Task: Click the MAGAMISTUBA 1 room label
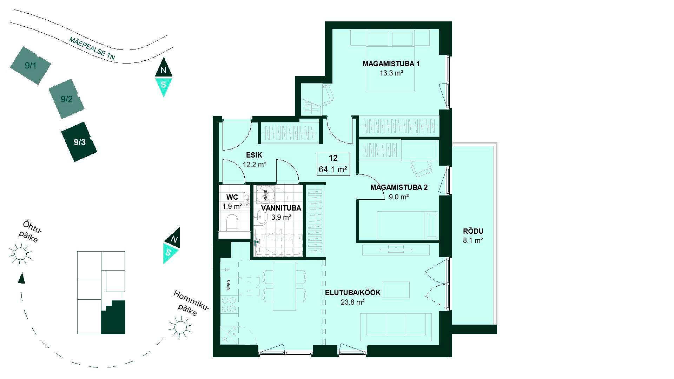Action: tap(391, 64)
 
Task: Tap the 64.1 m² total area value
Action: tap(333, 170)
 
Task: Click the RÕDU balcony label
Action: tap(473, 231)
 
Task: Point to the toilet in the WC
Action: tap(232, 223)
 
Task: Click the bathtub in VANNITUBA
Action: tap(277, 246)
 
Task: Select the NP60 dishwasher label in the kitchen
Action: tap(229, 285)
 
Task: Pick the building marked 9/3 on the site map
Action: tap(79, 142)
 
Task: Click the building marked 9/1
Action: tap(30, 65)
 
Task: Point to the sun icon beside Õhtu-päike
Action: tap(20, 253)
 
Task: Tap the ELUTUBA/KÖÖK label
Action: tap(352, 293)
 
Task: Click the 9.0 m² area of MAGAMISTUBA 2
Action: tap(398, 197)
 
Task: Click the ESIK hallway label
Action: tap(254, 155)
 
